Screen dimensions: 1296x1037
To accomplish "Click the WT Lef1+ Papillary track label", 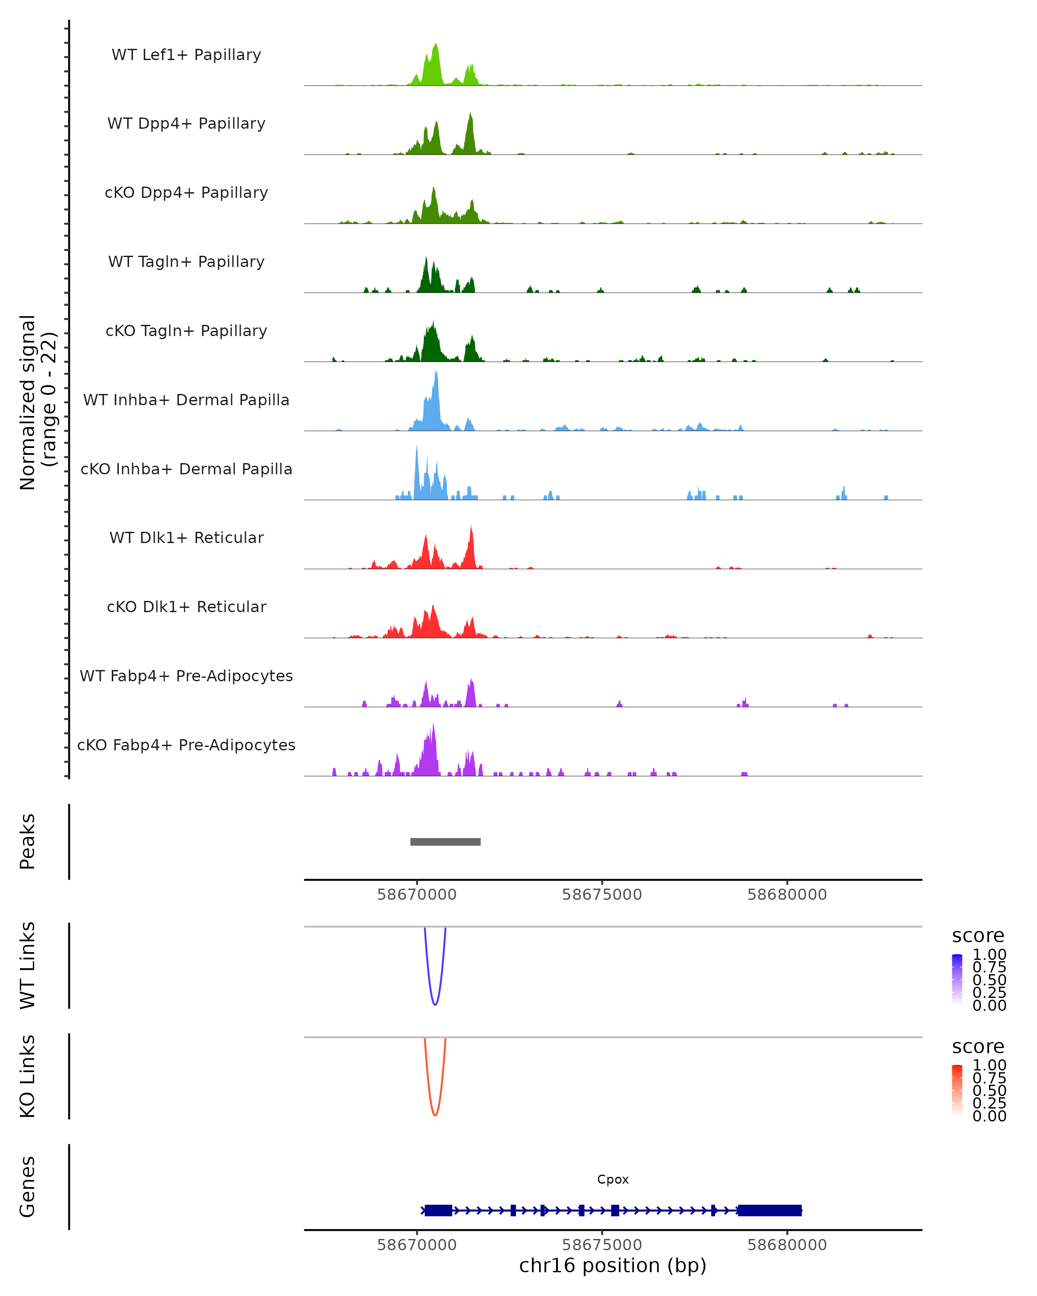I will click(x=186, y=55).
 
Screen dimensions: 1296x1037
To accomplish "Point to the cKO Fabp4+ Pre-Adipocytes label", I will click(x=186, y=745).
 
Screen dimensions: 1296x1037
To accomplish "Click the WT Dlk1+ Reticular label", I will click(x=186, y=537).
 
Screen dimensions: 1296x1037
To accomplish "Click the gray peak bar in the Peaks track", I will click(x=445, y=842).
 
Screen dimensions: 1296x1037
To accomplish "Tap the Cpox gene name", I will click(x=613, y=1179).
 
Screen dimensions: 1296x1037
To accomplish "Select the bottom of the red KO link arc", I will click(x=435, y=1116).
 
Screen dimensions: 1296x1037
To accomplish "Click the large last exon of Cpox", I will click(x=770, y=1210).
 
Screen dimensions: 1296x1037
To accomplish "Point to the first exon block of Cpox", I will click(x=438, y=1210).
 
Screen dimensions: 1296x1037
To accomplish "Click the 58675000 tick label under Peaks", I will click(x=602, y=895).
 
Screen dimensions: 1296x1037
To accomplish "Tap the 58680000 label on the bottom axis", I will click(x=787, y=1245).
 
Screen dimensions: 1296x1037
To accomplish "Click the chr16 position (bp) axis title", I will click(x=613, y=1265).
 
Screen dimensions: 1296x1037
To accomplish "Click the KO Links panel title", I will click(x=28, y=1076).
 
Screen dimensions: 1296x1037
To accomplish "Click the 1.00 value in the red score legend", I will click(x=989, y=1065).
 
